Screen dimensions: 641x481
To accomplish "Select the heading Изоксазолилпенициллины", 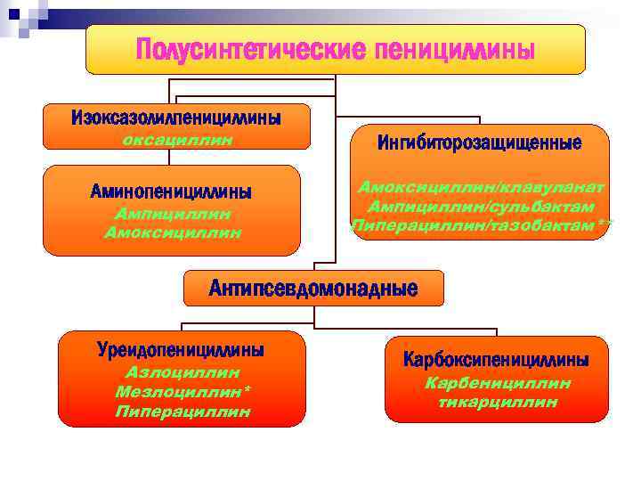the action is [x=176, y=118].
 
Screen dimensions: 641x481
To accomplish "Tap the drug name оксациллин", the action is [x=176, y=139].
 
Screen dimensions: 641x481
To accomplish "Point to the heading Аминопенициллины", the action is [x=171, y=192].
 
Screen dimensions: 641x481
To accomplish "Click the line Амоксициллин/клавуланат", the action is [x=481, y=187].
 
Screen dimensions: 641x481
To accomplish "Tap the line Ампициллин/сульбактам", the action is [x=481, y=207].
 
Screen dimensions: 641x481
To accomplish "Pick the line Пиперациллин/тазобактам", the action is [x=481, y=226].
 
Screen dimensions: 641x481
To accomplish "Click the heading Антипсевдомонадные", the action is [x=312, y=288].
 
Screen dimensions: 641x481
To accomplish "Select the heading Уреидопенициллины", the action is [x=181, y=350].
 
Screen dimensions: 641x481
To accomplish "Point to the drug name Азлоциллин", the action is [x=183, y=373].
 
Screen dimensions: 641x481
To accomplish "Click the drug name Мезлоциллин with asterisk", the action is [x=183, y=392].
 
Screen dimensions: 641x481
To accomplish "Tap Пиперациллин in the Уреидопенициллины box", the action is [x=183, y=412].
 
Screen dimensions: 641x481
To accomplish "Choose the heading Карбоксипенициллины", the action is [x=496, y=361].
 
